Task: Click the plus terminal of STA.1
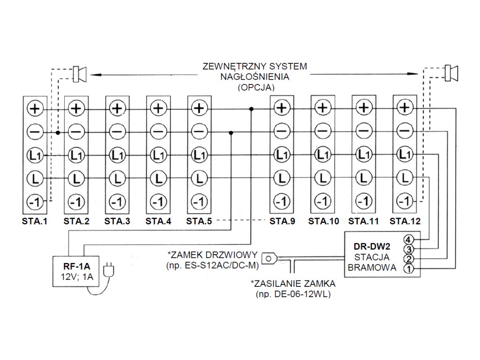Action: point(35,108)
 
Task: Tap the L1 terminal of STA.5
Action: point(199,154)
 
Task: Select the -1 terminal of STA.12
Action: point(404,201)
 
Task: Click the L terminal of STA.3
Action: point(117,178)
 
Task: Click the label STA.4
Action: point(158,221)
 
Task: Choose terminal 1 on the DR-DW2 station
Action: point(408,269)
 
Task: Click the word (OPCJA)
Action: point(255,88)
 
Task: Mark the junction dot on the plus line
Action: point(251,109)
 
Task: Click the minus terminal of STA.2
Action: point(76,131)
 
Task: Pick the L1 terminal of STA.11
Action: point(363,154)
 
